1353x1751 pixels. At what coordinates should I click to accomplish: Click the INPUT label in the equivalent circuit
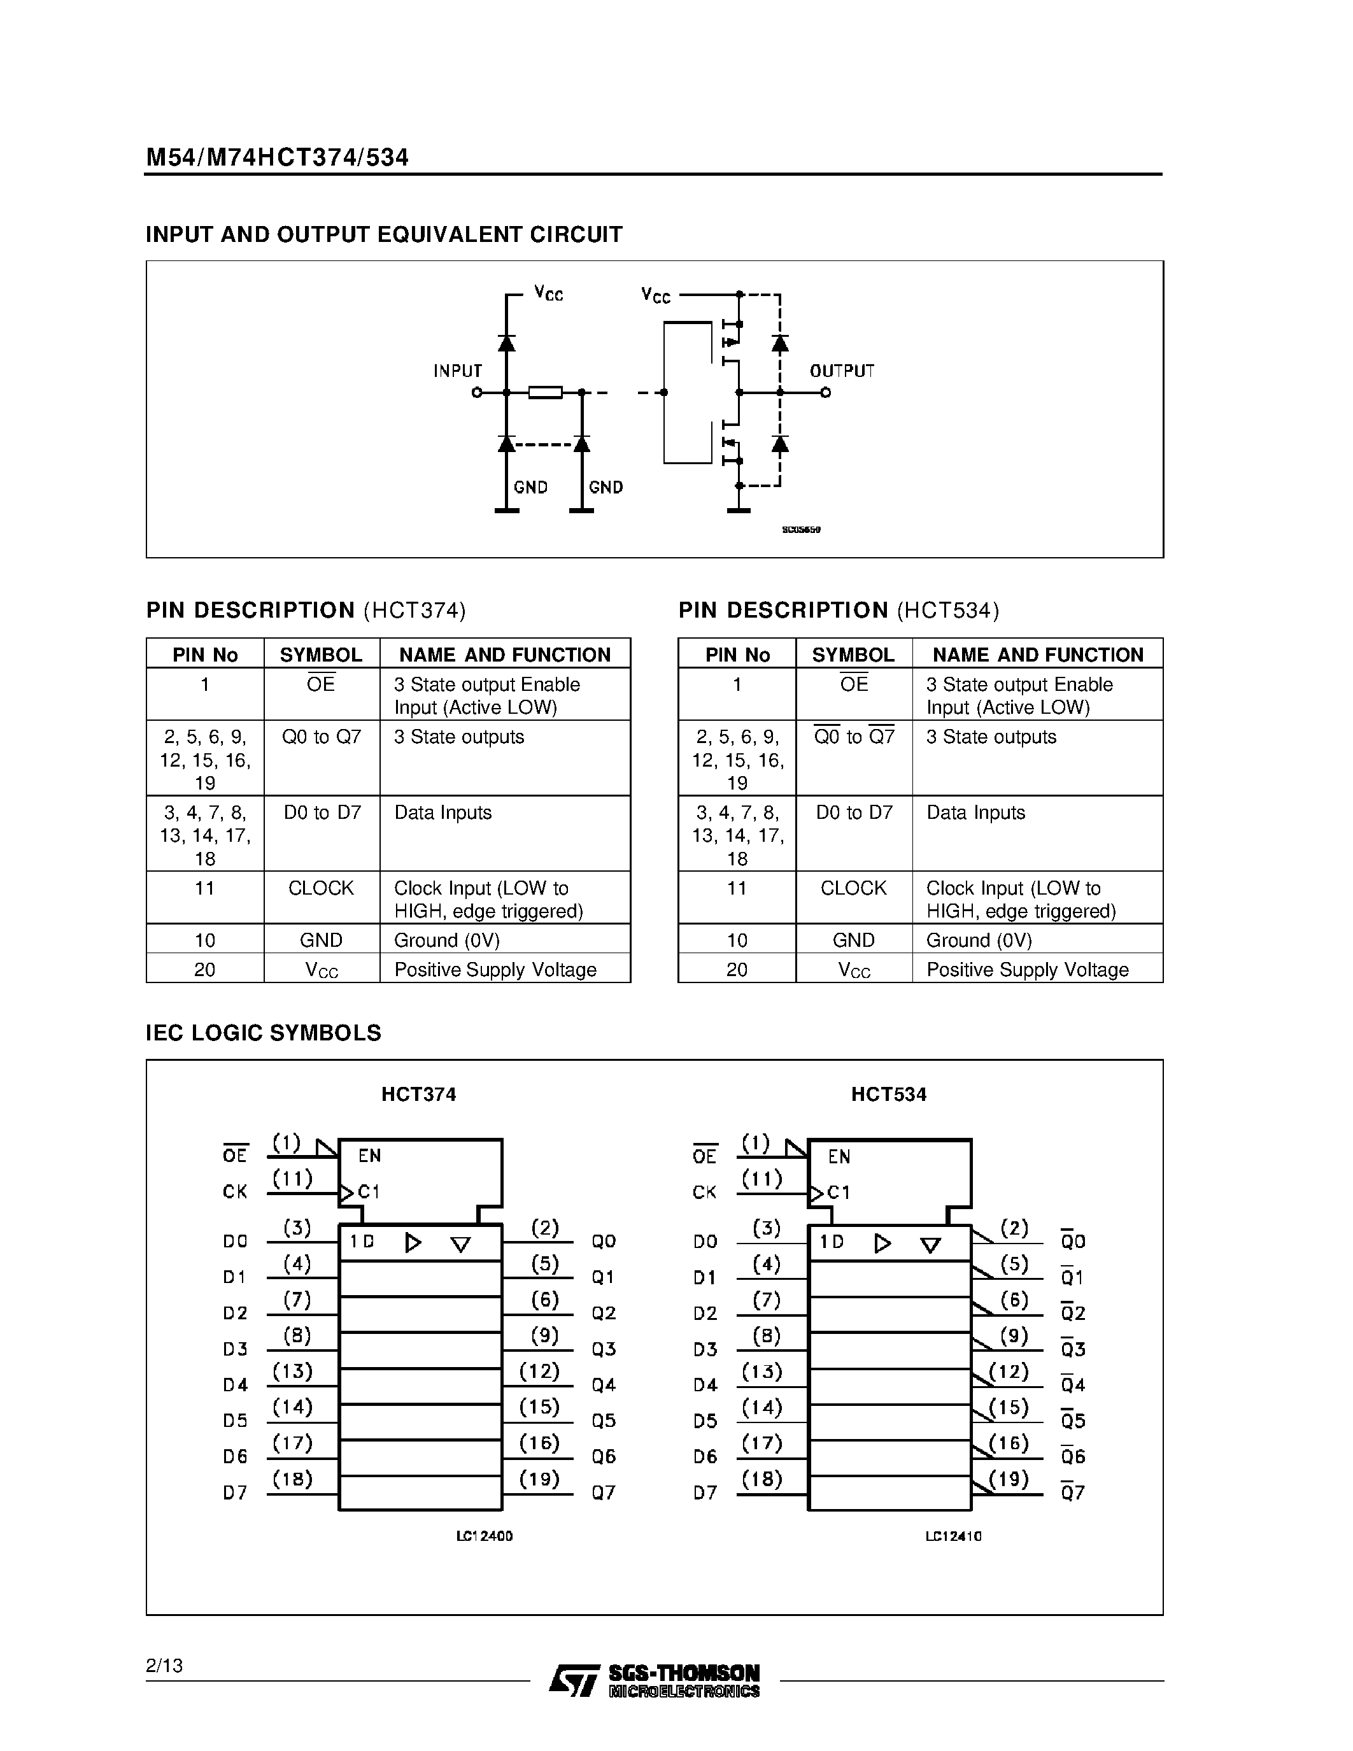point(458,371)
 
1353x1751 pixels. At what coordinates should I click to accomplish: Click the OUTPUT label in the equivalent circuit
point(842,371)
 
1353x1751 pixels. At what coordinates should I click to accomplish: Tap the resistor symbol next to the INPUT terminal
point(545,392)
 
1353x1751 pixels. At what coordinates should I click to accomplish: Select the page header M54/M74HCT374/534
point(278,157)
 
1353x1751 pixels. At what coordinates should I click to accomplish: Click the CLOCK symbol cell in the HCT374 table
point(321,888)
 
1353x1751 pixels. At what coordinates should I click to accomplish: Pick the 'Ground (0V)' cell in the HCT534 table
point(979,940)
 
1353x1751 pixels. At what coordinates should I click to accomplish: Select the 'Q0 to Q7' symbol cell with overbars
point(854,737)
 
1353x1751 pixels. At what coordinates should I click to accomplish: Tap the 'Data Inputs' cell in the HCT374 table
point(443,812)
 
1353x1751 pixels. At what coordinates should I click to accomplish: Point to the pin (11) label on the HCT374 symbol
point(292,1179)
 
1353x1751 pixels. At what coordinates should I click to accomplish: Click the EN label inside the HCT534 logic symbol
point(839,1156)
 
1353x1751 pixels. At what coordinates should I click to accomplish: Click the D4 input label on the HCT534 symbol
point(705,1385)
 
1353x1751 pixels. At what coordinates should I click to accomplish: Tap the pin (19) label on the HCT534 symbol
point(1009,1478)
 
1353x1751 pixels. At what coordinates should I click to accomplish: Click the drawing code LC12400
point(484,1536)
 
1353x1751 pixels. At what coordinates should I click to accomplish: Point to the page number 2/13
point(164,1666)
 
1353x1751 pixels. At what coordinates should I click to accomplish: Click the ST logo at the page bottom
point(574,1680)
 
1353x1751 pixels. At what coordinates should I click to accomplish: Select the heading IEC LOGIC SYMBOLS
point(263,1033)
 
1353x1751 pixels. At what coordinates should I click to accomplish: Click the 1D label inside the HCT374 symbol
point(362,1241)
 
